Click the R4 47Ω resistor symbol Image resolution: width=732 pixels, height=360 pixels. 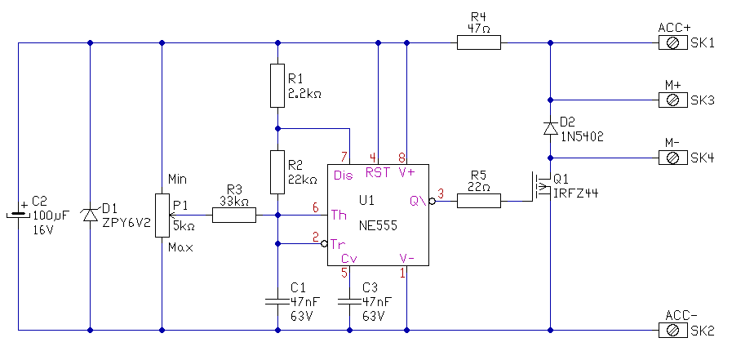[478, 42]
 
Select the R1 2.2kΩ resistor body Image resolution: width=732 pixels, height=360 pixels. [278, 86]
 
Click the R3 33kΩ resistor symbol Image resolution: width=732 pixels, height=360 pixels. [234, 216]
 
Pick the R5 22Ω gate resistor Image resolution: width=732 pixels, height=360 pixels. [478, 199]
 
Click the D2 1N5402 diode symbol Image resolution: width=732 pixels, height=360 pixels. [551, 127]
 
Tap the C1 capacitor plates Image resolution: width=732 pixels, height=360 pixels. [278, 301]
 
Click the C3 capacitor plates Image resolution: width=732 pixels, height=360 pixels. [349, 301]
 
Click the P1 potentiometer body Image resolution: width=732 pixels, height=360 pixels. [162, 216]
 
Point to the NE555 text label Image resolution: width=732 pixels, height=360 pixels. [378, 226]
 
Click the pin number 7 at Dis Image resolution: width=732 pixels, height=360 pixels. [344, 157]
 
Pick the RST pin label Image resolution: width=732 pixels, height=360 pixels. [378, 172]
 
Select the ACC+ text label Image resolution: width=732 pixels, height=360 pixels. [674, 28]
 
